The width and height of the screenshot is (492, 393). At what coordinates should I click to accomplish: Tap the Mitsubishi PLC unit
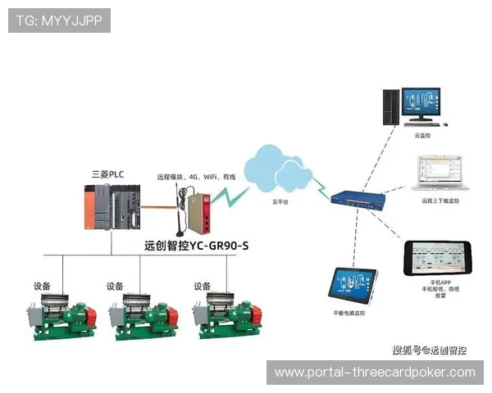point(112,209)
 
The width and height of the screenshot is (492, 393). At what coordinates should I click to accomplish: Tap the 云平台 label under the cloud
point(280,201)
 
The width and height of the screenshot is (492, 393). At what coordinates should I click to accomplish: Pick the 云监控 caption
point(423,136)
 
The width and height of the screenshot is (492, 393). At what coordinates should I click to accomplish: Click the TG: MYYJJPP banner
point(58,20)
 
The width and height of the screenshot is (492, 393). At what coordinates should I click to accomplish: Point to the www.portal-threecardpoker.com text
point(374,373)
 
